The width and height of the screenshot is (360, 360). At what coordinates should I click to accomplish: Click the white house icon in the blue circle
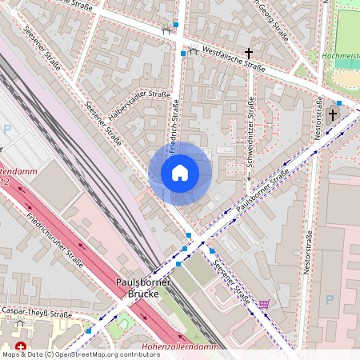point(180,173)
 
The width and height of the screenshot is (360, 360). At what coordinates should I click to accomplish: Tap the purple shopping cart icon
point(264,304)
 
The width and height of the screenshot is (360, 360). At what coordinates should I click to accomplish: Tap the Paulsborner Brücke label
point(145,288)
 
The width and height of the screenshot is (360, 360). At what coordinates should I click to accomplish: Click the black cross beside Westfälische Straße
point(249,54)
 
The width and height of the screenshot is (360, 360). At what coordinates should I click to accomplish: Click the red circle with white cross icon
point(22,348)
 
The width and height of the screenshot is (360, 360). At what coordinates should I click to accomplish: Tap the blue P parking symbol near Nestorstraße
point(329,300)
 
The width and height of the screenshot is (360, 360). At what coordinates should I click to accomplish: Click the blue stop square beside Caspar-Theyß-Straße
point(89,330)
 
